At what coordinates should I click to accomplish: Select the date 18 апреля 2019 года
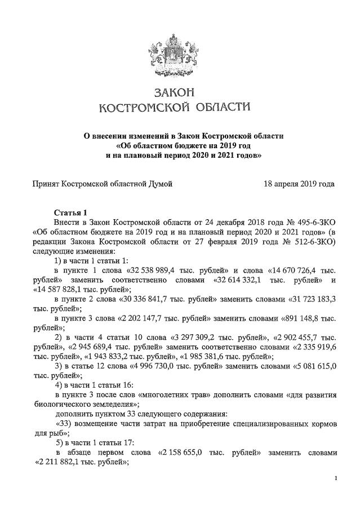click(x=299, y=184)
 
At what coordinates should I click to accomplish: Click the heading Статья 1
click(x=70, y=212)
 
